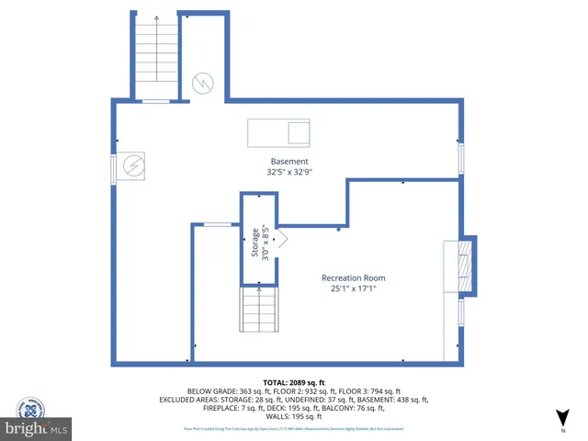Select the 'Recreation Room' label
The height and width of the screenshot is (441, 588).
(353, 277)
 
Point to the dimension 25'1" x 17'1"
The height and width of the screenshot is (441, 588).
(354, 288)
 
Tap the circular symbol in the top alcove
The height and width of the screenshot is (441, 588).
(201, 85)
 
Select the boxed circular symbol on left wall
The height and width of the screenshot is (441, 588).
(131, 166)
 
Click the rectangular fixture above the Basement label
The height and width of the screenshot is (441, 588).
(279, 133)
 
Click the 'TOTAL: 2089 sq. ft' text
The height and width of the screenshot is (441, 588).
(294, 381)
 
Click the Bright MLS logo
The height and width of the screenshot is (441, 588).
(37, 428)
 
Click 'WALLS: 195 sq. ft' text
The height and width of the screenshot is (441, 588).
(294, 415)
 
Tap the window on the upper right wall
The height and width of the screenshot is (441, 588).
(461, 157)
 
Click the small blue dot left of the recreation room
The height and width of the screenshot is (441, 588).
(339, 230)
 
